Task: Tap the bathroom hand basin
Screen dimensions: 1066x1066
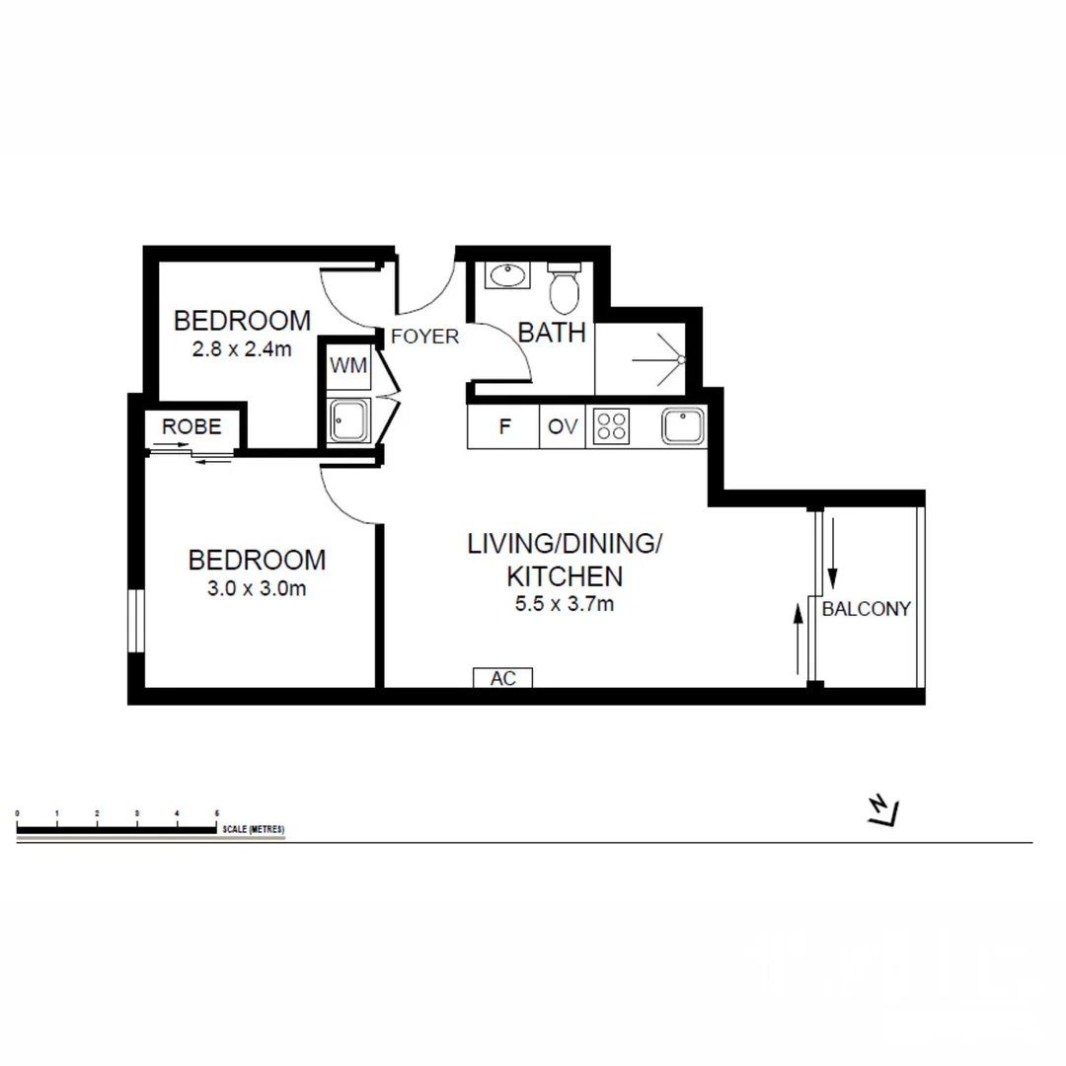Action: click(507, 274)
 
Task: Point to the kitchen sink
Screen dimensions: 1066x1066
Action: click(683, 426)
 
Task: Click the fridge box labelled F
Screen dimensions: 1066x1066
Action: click(504, 427)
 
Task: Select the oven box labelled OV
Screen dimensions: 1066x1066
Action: click(563, 427)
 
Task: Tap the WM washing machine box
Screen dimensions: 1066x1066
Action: click(348, 366)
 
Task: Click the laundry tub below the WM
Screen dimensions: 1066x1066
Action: click(348, 421)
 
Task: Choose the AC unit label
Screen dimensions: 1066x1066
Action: click(503, 678)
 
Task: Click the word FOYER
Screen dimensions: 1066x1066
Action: click(424, 337)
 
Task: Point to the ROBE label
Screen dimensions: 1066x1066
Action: click(191, 427)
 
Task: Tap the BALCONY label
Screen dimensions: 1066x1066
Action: click(867, 609)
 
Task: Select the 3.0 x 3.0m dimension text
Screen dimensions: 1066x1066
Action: click(257, 589)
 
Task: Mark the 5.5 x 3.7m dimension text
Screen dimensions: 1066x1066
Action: click(564, 603)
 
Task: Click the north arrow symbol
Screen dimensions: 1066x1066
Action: click(883, 810)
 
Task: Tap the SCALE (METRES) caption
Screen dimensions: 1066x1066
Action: click(254, 830)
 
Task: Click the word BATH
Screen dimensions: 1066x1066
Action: click(552, 333)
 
